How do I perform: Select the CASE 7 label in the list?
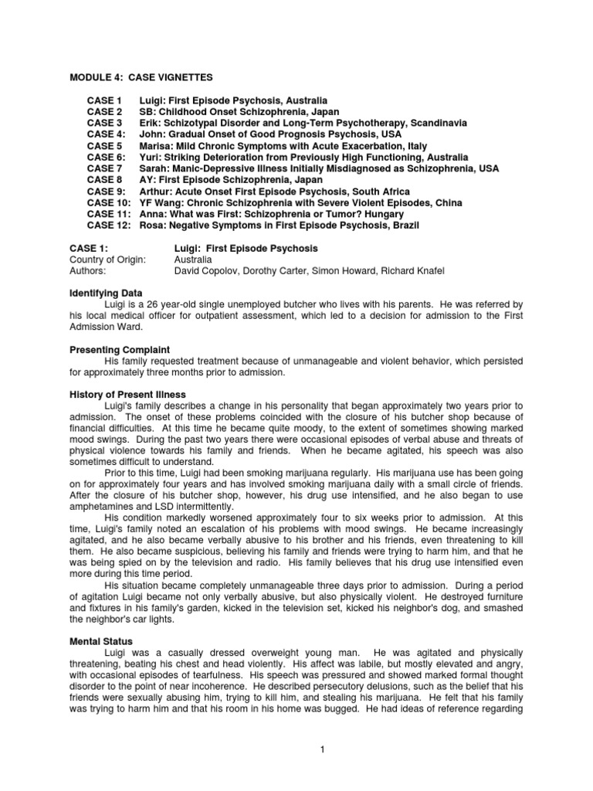tap(104, 168)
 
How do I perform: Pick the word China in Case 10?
tap(448, 202)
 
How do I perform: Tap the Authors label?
tap(89, 271)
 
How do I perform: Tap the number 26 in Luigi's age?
tap(144, 305)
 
